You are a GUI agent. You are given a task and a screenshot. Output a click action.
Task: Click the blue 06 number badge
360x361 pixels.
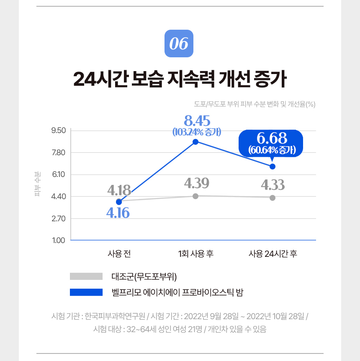click(x=179, y=44)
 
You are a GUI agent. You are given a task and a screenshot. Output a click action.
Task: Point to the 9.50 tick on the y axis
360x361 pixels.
click(x=58, y=131)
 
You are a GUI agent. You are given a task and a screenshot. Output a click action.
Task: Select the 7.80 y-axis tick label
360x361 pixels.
click(x=58, y=153)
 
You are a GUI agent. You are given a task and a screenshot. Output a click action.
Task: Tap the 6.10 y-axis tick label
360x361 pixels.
click(x=58, y=174)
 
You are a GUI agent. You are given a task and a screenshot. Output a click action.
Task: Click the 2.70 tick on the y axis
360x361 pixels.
click(x=58, y=218)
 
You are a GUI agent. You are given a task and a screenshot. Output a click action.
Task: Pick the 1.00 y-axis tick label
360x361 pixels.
click(x=58, y=241)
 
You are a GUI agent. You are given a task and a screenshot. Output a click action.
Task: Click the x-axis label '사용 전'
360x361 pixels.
click(x=119, y=254)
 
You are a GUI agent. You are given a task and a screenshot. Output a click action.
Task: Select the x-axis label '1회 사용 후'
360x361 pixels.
click(x=195, y=254)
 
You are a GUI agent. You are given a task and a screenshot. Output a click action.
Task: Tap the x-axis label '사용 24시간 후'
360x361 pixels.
click(x=273, y=254)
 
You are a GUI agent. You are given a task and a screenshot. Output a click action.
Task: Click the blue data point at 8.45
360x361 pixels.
click(x=195, y=142)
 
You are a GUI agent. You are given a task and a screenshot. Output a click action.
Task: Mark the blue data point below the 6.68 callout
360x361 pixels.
click(x=273, y=166)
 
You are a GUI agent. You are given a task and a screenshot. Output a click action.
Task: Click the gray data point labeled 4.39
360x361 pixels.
click(x=195, y=196)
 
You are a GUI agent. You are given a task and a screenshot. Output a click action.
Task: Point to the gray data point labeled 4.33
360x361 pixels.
click(x=273, y=198)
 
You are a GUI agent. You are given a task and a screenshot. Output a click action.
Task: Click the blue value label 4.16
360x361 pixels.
click(x=118, y=213)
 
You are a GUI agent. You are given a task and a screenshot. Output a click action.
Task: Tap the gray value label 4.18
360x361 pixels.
click(x=119, y=190)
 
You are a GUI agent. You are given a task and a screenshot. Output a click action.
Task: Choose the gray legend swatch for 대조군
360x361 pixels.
click(x=86, y=277)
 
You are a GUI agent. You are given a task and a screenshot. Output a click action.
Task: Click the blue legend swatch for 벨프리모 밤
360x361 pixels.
click(x=86, y=292)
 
